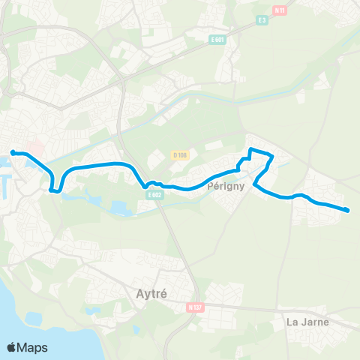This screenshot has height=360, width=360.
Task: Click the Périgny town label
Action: pos(222,189)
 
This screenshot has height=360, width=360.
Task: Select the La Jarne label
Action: pos(307,323)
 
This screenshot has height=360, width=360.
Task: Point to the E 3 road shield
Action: pos(262,20)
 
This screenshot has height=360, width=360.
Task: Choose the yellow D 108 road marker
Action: pos(179,155)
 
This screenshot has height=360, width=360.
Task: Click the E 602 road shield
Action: pos(154,195)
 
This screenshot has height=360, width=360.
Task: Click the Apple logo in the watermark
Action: pos(12,347)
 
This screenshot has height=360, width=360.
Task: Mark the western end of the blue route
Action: pos(13,153)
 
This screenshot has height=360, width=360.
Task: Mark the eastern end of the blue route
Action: pos(349,210)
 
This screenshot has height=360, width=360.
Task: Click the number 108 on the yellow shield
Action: pos(181,155)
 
